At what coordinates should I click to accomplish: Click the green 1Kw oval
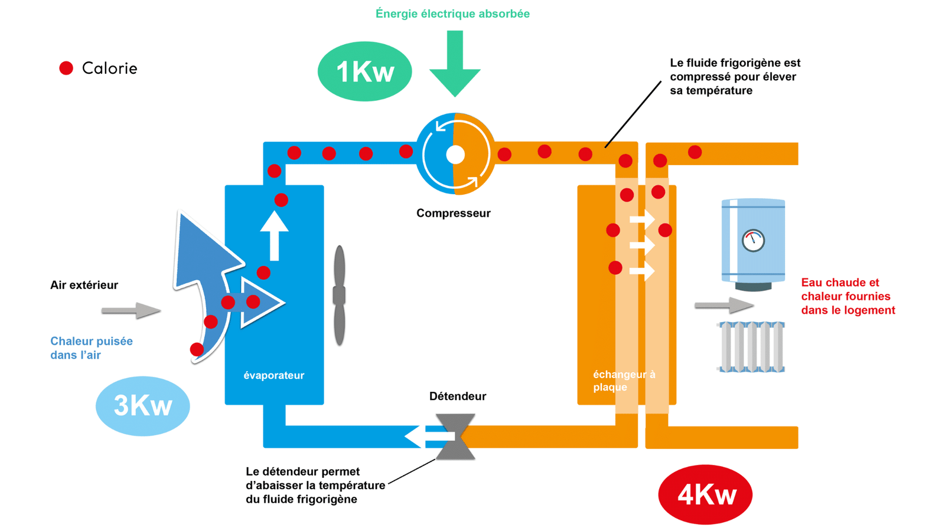click(364, 71)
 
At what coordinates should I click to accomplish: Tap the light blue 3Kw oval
click(142, 406)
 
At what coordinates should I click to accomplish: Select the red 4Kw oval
click(705, 494)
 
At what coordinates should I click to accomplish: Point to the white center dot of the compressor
click(455, 155)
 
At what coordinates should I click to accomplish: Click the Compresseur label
click(453, 213)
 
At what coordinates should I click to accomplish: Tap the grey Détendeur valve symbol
click(455, 437)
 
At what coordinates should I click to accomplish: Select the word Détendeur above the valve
click(457, 396)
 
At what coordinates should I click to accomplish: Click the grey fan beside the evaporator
click(339, 295)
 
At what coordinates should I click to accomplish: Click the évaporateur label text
click(273, 375)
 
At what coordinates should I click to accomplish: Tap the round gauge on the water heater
click(753, 241)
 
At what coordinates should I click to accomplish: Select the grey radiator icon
click(751, 347)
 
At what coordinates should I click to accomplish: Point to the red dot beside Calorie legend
click(66, 68)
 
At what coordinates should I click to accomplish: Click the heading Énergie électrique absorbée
click(452, 14)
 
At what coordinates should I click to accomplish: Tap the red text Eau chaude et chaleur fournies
click(848, 296)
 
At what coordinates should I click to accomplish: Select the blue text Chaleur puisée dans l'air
click(91, 348)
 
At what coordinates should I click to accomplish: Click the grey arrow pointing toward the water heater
click(724, 305)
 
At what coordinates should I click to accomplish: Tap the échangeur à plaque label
click(624, 381)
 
